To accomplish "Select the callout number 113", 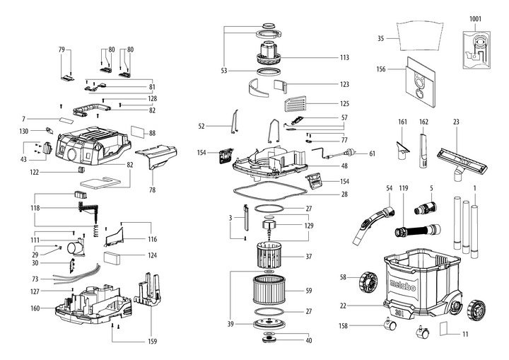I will [344, 58].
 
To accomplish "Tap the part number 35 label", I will [380, 38].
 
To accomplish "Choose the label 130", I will [24, 132].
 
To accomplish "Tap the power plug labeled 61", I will [348, 153].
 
